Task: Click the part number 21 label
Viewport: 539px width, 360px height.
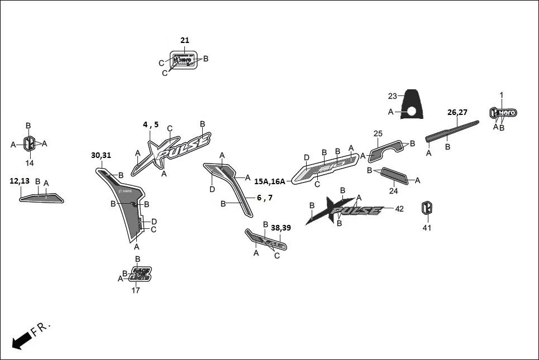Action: (x=185, y=40)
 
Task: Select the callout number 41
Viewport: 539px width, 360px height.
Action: (x=427, y=228)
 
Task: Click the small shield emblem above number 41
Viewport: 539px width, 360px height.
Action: (x=427, y=208)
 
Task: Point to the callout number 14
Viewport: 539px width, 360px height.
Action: (x=30, y=163)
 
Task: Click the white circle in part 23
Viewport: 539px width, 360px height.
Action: (x=411, y=112)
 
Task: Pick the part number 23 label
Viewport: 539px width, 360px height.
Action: (x=392, y=95)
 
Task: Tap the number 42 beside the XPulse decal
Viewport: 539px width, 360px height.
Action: (x=399, y=209)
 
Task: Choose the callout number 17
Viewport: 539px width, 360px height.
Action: (x=136, y=290)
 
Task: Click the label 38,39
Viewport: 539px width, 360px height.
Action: (x=281, y=228)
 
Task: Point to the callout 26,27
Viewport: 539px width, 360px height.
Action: (x=457, y=112)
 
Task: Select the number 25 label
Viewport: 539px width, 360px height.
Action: (x=378, y=133)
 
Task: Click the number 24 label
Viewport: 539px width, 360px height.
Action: (x=393, y=191)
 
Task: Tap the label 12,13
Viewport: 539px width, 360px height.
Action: (x=20, y=181)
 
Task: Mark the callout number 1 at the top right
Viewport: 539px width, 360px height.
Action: (x=501, y=95)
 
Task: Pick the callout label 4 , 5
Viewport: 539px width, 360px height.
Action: (x=151, y=124)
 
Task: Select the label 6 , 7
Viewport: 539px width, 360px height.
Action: (x=265, y=198)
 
